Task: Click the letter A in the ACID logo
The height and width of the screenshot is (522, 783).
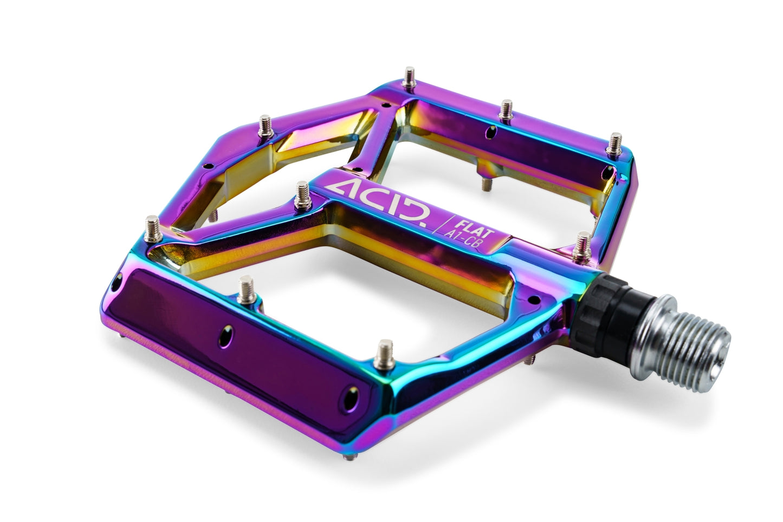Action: pyautogui.click(x=341, y=191)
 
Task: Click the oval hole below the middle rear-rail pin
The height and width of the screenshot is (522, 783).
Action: pyautogui.click(x=491, y=130)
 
